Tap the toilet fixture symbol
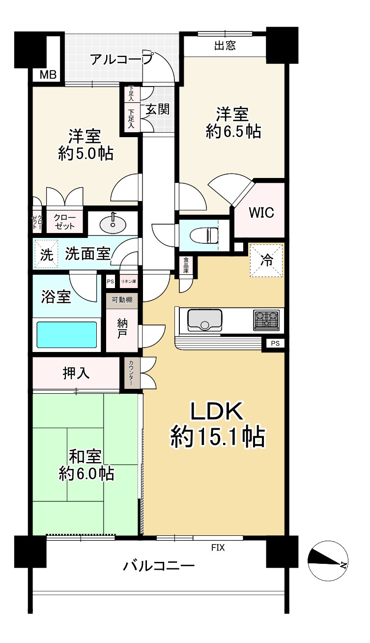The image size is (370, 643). [x=204, y=235]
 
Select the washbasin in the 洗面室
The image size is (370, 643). [x=113, y=223]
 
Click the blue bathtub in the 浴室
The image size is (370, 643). [x=66, y=334]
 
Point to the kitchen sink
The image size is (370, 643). [x=204, y=320]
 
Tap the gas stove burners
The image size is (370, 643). [x=266, y=320]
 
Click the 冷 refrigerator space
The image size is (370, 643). [x=266, y=261]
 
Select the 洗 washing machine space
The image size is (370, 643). [x=46, y=254]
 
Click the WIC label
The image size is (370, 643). [x=261, y=213]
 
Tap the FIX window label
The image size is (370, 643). [x=218, y=548]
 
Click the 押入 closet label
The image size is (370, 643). [x=76, y=373]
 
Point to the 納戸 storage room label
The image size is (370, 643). [x=122, y=329]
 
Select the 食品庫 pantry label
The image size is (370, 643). [x=186, y=265]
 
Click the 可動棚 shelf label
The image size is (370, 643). [x=122, y=300]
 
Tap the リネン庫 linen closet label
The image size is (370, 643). [x=129, y=282]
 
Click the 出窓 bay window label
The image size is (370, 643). [x=225, y=45]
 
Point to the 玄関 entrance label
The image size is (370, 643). [x=157, y=109]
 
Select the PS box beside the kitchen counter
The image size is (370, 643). [x=275, y=343]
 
